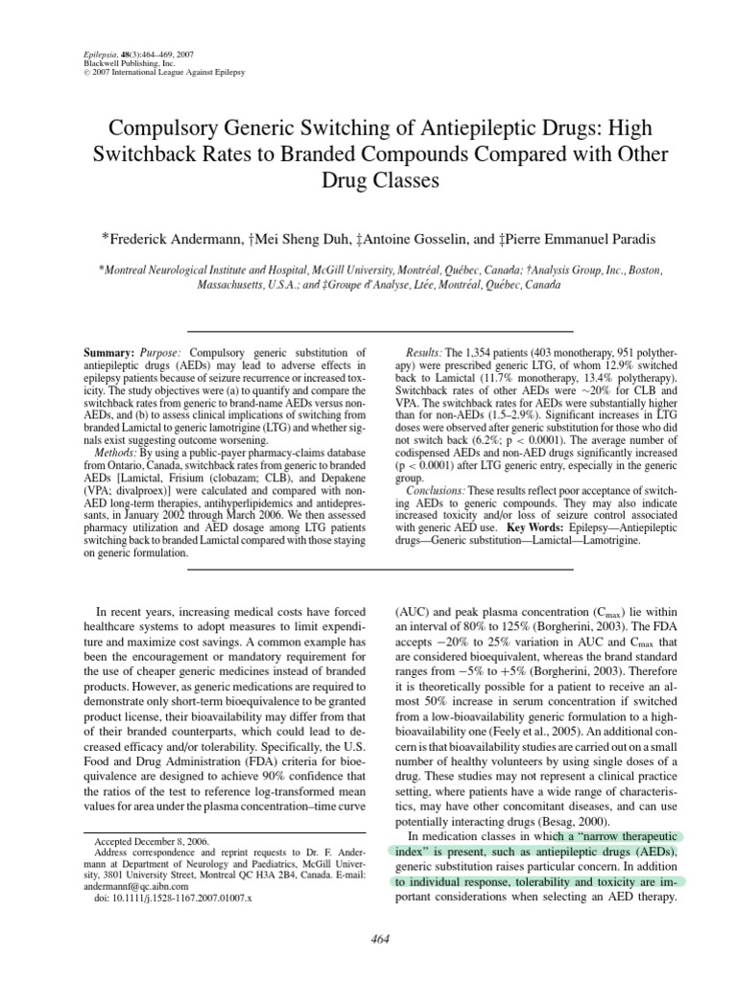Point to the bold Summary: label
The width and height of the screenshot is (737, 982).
pos(108,354)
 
